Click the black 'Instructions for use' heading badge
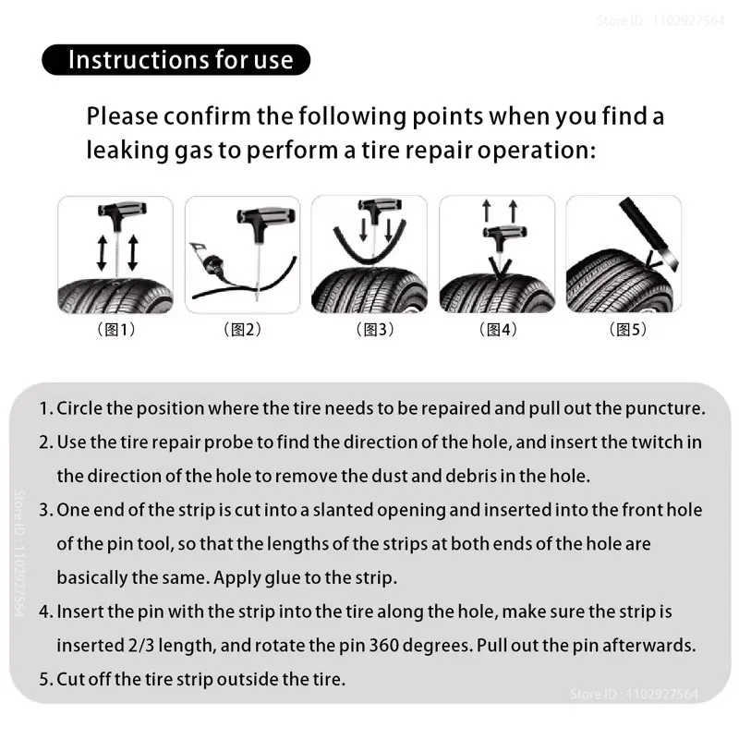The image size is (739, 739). [x=176, y=60]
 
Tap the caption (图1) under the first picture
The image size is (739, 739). [x=115, y=330]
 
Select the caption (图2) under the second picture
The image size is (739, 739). [x=242, y=330]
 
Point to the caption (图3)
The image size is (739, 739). [x=369, y=330]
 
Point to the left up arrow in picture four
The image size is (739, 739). [x=487, y=211]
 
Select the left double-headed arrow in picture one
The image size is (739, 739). [x=102, y=252]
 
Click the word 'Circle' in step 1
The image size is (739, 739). [x=77, y=408]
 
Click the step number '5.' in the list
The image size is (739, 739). [x=45, y=679]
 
